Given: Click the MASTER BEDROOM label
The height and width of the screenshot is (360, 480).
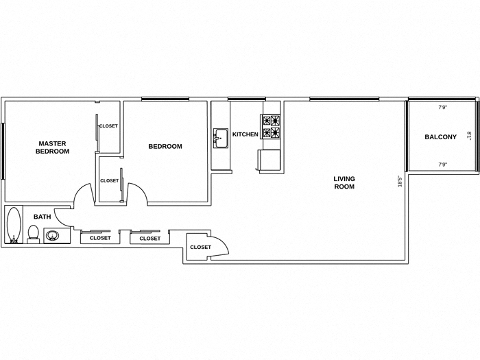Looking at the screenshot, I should tap(52, 147).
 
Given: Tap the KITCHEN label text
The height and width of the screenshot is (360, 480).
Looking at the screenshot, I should tap(245, 134).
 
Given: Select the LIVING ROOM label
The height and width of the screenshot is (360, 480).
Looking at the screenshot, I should tap(344, 182).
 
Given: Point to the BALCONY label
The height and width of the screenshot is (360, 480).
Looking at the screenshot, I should tap(440, 137).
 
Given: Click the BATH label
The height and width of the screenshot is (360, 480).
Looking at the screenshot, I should tap(43, 217).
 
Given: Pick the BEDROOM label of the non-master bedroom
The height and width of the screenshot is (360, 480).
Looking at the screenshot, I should tap(165, 146).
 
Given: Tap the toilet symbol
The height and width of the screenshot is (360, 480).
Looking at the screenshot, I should tap(32, 233).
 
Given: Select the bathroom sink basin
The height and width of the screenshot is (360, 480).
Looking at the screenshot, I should tap(54, 237).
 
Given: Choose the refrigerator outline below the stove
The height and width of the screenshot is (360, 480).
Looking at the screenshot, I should tap(269, 159).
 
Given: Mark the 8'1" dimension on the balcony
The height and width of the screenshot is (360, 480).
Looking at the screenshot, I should tap(470, 136).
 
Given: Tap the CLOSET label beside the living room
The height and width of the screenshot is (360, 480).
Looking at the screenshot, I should tap(200, 247).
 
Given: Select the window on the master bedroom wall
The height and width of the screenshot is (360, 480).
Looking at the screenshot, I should tap(3, 151).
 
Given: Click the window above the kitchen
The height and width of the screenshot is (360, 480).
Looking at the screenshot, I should tap(246, 99).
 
